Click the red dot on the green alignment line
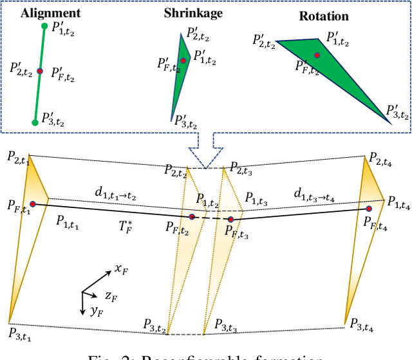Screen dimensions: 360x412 click(40, 71)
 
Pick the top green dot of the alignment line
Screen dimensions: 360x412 click(44, 26)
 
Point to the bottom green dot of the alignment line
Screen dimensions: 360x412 click(35, 121)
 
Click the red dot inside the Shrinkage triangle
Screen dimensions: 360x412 click(183, 61)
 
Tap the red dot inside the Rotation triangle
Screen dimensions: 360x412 click(317, 56)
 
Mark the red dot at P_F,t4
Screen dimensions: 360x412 click(369, 209)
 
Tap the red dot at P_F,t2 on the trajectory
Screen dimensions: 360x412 click(192, 217)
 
